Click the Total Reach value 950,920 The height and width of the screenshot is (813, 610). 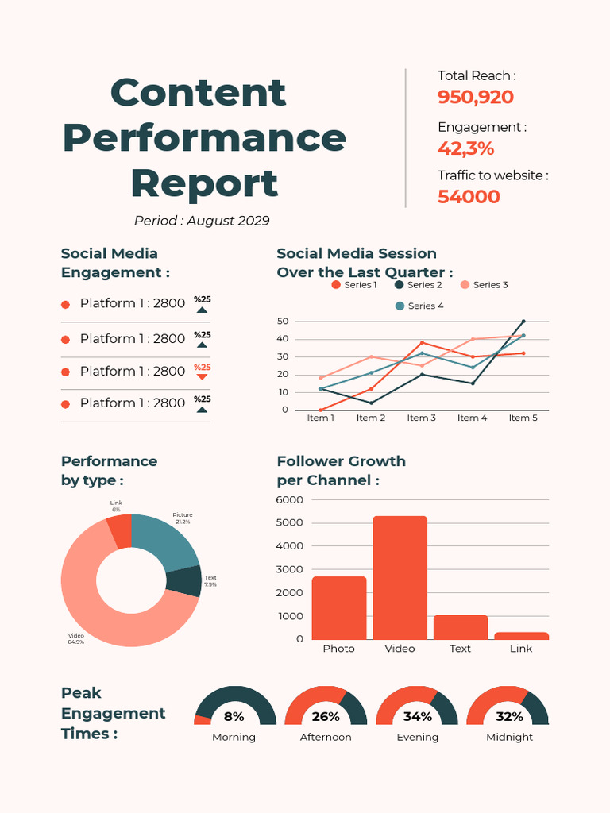(476, 98)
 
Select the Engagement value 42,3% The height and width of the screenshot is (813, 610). (466, 148)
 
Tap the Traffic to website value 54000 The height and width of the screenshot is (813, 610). (469, 197)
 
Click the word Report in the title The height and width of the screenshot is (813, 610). (204, 183)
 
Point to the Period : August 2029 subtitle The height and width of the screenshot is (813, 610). (202, 221)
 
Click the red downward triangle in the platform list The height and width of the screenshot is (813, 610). (202, 377)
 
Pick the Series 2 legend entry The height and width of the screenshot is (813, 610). (419, 284)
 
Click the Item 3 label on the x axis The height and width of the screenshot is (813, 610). (422, 418)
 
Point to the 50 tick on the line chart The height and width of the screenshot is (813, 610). (283, 322)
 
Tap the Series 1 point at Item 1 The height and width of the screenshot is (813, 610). (320, 410)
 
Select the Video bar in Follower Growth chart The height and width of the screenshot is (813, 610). (400, 577)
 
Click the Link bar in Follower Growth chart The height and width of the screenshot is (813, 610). (521, 635)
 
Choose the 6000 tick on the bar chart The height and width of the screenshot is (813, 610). (290, 499)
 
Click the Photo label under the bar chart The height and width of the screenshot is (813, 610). (338, 649)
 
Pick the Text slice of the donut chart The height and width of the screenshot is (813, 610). (184, 581)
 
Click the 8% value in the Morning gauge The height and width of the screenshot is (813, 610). (234, 717)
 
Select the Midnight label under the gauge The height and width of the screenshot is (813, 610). (509, 737)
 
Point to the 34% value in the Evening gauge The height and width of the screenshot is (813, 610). (417, 717)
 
